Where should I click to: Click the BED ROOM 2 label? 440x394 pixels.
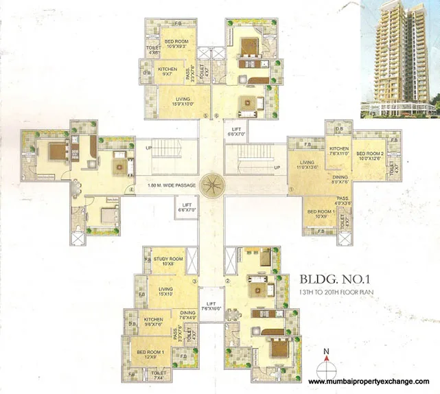(369, 156)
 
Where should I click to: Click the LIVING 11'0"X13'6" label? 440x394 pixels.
(308, 165)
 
